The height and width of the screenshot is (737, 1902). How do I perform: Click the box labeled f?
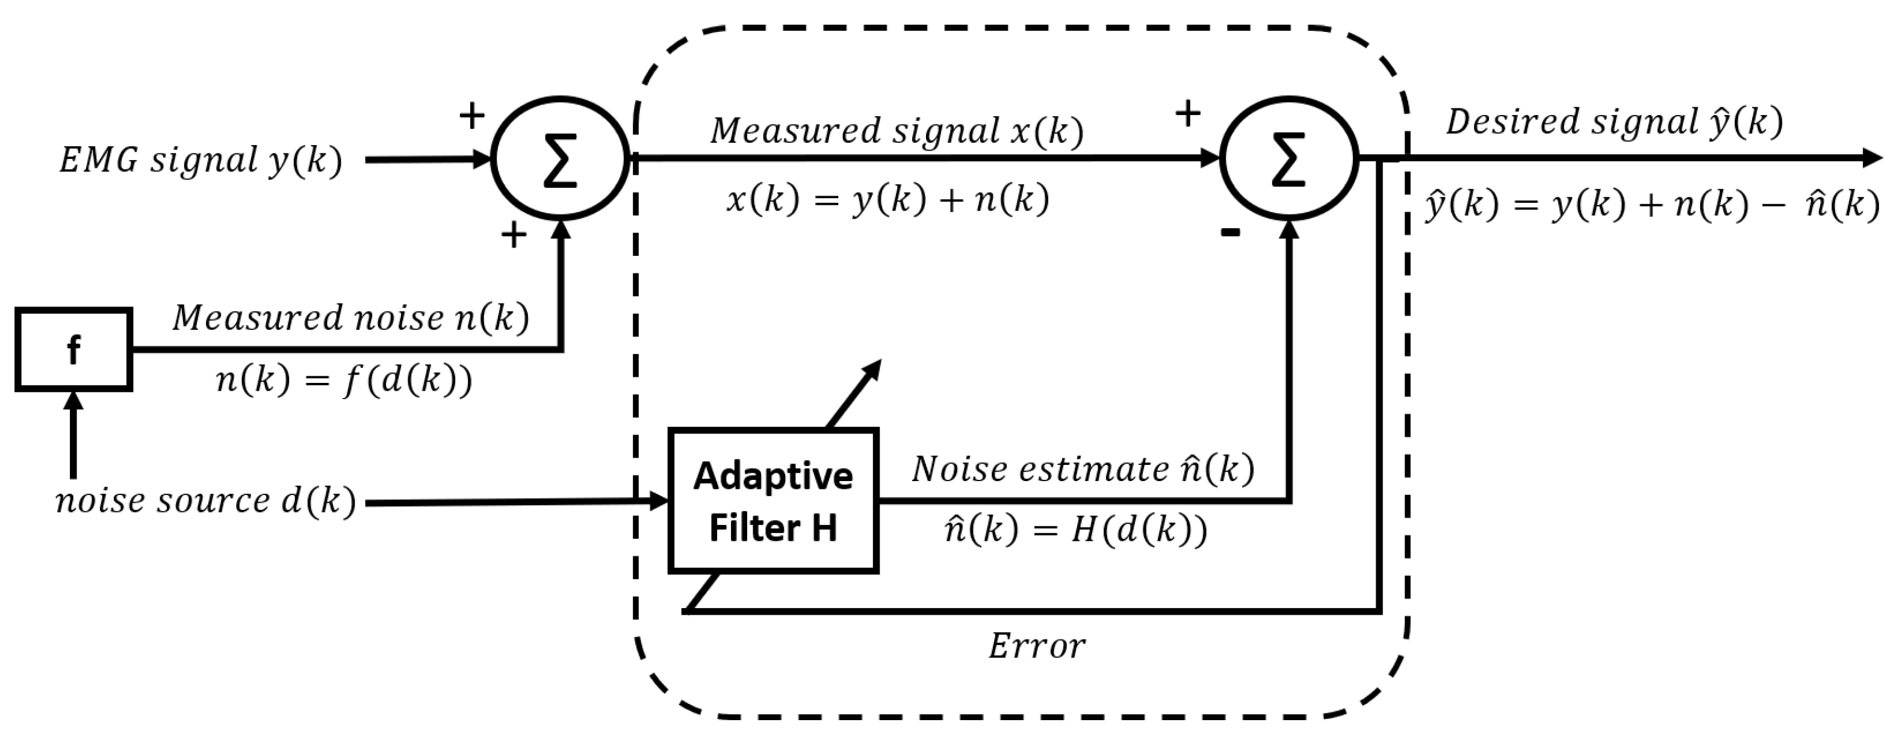(x=74, y=349)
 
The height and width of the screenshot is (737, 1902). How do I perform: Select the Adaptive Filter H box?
(x=773, y=501)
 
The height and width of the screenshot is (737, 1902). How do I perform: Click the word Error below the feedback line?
(x=1037, y=647)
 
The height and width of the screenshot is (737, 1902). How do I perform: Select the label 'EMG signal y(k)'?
(x=201, y=160)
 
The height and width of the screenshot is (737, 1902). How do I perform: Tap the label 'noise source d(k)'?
(x=206, y=502)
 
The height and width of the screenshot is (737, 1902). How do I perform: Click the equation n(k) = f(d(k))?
(x=344, y=381)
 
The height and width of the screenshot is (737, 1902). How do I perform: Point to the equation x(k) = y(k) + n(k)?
(x=887, y=199)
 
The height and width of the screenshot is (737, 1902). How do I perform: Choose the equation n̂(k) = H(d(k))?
(x=1076, y=529)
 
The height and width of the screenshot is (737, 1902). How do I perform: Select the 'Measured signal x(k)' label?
(x=897, y=131)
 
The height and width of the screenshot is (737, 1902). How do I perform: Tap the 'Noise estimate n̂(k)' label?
(x=1083, y=470)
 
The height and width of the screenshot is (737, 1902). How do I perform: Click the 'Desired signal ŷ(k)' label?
(x=1614, y=122)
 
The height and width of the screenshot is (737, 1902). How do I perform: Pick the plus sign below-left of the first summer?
(x=514, y=235)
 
